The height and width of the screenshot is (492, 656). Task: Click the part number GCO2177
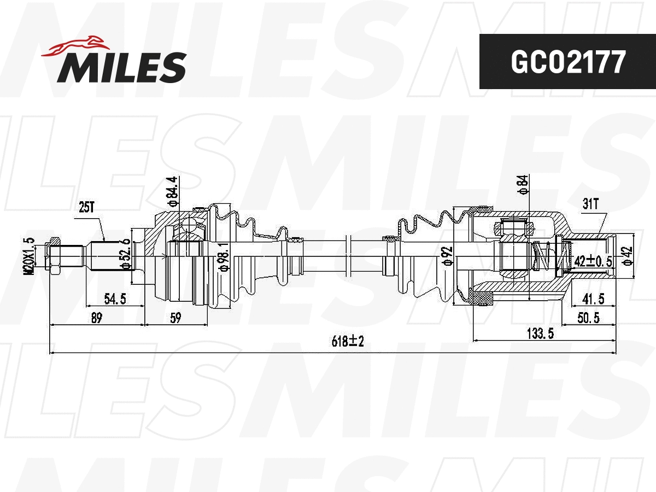pos(567,62)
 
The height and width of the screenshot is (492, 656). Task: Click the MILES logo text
pos(121,67)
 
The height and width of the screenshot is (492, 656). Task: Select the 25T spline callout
pos(87,207)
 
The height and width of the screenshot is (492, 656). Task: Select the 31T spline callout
pos(590,204)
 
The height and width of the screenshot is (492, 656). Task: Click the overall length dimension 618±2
pos(347,342)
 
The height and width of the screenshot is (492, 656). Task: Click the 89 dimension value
pos(96,318)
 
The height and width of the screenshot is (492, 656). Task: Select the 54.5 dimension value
pos(115,299)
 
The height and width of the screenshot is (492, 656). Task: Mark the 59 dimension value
pos(175,318)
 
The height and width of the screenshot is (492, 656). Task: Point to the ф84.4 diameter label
pos(173,191)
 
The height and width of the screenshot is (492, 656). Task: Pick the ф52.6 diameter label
pos(126,254)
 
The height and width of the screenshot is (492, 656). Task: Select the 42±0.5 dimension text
pos(593,261)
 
